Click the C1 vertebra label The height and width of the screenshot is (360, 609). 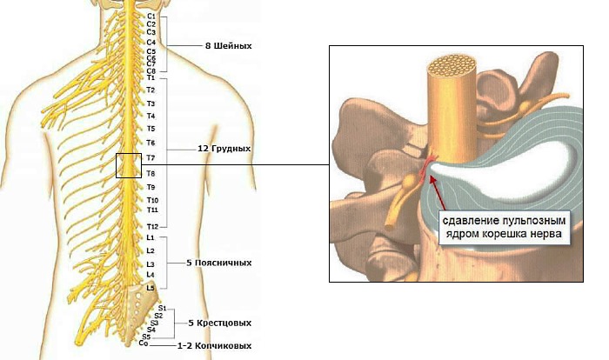[x=151, y=16]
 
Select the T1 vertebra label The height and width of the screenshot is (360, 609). [x=151, y=78]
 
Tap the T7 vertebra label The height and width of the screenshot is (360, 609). [x=151, y=158]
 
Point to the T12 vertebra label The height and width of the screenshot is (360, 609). [x=152, y=226]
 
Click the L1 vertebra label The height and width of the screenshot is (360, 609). [x=151, y=237]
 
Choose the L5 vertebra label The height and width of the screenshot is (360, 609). [x=151, y=287]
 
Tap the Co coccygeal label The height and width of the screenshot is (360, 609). [x=144, y=343]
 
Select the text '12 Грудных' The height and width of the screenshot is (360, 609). [x=224, y=149]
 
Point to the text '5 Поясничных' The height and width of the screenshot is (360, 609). [x=219, y=262]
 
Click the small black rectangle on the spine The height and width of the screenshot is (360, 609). [x=128, y=164]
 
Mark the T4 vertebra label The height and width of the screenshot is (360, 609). [x=151, y=116]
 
